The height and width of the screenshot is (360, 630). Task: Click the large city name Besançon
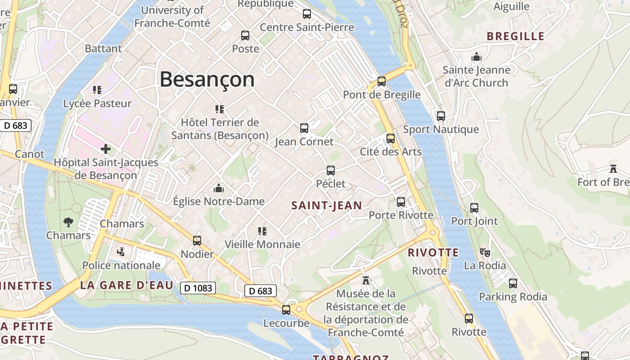click(x=207, y=80)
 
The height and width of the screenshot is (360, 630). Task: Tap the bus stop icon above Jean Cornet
click(x=304, y=128)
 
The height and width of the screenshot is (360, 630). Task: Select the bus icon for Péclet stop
click(x=331, y=171)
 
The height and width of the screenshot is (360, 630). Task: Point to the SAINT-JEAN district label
click(x=327, y=206)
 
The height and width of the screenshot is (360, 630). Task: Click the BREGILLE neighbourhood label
click(x=516, y=36)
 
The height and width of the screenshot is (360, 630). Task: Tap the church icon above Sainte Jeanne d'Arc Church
click(x=476, y=57)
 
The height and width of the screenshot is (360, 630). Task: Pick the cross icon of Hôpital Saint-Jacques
click(x=106, y=148)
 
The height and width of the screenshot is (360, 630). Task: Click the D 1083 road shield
click(x=198, y=288)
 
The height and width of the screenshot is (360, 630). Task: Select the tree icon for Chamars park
click(x=68, y=222)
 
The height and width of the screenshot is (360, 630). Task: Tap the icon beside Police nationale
click(x=121, y=252)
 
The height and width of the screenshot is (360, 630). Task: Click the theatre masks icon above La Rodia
click(x=485, y=252)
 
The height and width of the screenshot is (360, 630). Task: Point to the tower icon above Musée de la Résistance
click(x=366, y=280)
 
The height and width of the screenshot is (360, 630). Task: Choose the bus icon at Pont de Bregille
click(x=382, y=81)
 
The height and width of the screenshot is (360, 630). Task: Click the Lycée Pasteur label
click(x=97, y=103)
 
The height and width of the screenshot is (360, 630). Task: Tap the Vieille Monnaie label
click(x=262, y=244)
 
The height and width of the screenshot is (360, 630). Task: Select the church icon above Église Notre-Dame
click(x=219, y=188)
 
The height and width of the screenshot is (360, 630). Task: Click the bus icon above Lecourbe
click(x=286, y=310)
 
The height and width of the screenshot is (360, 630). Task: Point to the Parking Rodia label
click(x=513, y=297)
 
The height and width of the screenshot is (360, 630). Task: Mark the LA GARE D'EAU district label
click(x=126, y=285)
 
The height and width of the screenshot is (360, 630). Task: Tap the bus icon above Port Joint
click(x=474, y=208)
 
